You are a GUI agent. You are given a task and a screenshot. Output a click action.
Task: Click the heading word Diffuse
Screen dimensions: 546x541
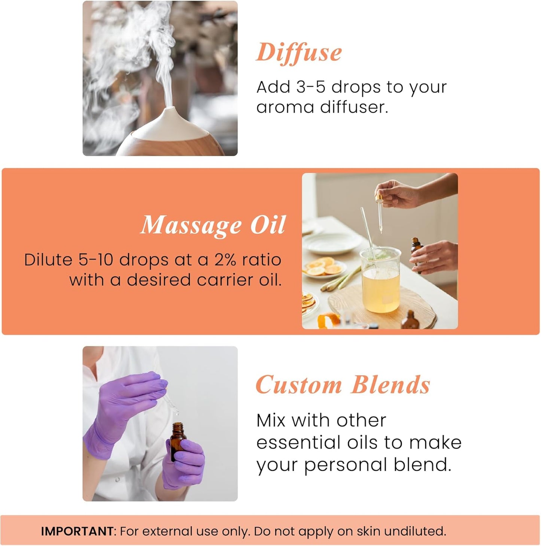coord(299,53)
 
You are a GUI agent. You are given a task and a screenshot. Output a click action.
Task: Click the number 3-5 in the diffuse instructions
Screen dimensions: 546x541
coord(311,87)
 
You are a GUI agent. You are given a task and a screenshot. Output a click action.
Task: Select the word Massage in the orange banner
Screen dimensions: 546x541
coord(191,225)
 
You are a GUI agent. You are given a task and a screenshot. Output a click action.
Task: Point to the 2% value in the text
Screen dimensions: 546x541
coord(225,260)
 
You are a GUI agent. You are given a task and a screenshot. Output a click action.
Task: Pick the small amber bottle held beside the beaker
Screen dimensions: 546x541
coord(417,251)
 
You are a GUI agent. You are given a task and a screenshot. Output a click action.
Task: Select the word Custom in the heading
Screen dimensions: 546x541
coord(298,385)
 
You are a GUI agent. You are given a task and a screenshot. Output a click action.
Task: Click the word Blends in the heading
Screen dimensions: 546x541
coord(391,385)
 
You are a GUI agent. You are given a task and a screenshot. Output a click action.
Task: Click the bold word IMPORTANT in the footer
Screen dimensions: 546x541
coord(77,531)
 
